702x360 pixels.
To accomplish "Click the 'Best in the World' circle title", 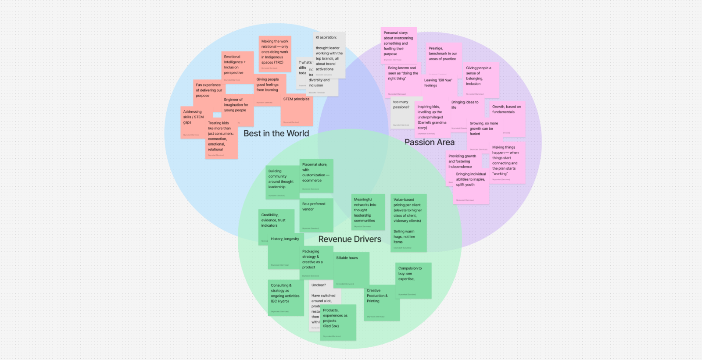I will [x=276, y=133].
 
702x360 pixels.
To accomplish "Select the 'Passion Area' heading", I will [x=429, y=142].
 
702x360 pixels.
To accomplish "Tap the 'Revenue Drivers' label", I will [x=350, y=239].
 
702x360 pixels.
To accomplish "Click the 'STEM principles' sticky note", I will [x=297, y=110].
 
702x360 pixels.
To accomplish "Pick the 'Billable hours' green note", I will [x=351, y=268].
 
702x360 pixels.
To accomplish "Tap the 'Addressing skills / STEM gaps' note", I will [x=193, y=122].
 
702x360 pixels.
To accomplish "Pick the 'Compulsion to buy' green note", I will [x=414, y=280].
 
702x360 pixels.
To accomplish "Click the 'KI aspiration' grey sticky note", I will [x=329, y=54].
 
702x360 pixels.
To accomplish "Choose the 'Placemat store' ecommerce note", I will [x=316, y=175].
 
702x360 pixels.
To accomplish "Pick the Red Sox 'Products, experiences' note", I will [x=338, y=322].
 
